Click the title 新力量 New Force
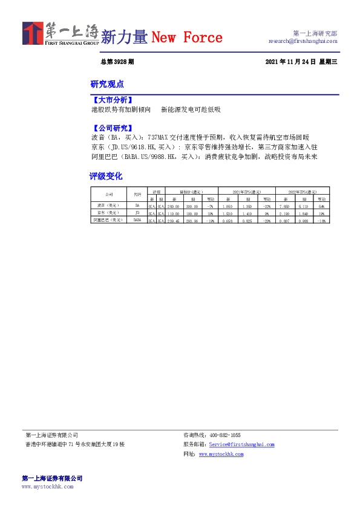click(161, 37)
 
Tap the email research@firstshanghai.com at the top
click(303, 41)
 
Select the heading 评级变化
click(106, 176)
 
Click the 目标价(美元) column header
click(191, 190)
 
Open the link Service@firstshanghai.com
click(241, 444)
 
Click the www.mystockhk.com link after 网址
click(221, 454)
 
